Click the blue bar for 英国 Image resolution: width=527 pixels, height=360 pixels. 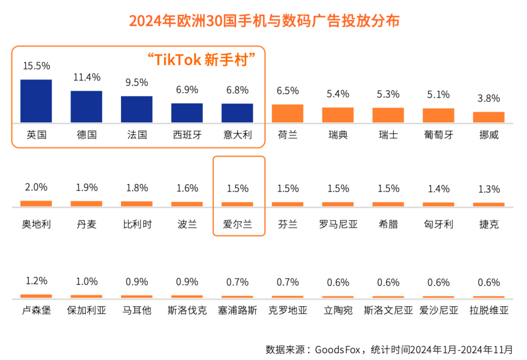click(36, 101)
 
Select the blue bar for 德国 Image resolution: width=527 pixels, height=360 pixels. click(86, 106)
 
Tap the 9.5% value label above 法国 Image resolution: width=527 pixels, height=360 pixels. click(137, 82)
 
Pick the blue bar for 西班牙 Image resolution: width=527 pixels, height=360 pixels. click(187, 113)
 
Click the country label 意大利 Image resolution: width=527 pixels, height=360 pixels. click(237, 135)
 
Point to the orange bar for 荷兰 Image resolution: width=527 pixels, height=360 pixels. click(287, 113)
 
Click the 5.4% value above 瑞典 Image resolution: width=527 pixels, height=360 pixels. click(338, 94)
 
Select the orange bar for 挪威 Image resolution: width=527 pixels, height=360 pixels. click(488, 117)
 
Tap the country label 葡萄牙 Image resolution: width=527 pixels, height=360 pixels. click(438, 135)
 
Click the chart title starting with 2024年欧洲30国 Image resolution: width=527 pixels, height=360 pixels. click(264, 21)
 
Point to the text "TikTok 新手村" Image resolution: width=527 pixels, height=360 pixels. click(202, 60)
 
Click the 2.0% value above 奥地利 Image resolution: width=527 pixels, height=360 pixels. click(36, 187)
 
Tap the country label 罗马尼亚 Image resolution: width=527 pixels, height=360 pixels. click(338, 224)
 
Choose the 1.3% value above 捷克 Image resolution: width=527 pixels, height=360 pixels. click(488, 189)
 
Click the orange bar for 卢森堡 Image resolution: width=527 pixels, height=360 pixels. click(36, 296)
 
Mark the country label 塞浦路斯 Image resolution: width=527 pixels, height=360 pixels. click(237, 310)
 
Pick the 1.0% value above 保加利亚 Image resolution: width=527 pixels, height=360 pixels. click(86, 281)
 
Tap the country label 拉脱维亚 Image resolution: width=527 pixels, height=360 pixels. click(488, 310)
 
